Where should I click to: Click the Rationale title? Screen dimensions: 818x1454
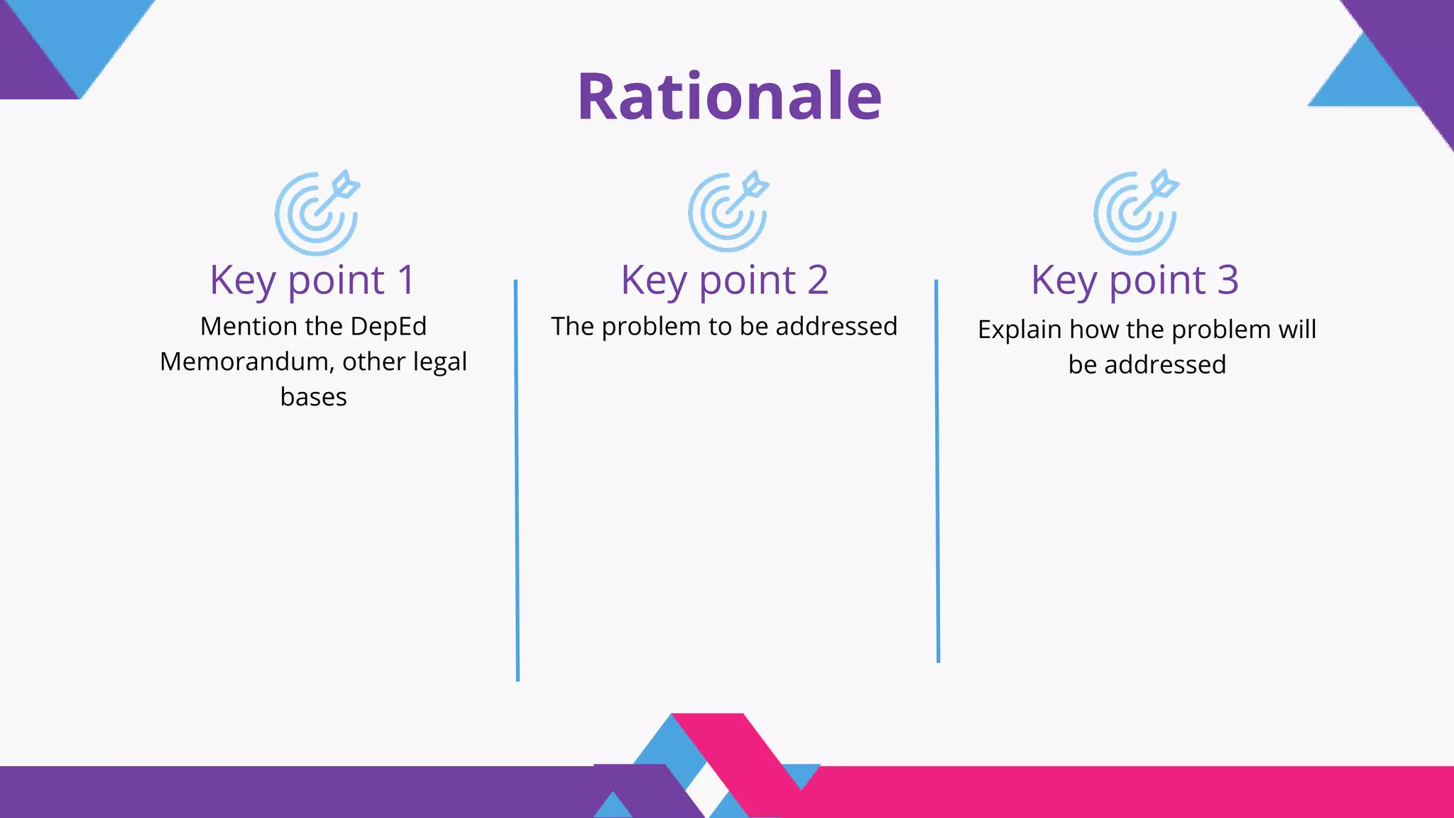pyautogui.click(x=729, y=97)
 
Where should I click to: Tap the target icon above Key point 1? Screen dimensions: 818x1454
pyautogui.click(x=317, y=213)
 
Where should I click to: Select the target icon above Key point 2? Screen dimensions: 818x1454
pyautogui.click(x=728, y=212)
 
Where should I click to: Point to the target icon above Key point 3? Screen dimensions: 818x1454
pyautogui.click(x=1135, y=212)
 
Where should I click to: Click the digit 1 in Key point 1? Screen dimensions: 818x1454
pyautogui.click(x=405, y=280)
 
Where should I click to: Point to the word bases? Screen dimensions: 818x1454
pyautogui.click(x=313, y=397)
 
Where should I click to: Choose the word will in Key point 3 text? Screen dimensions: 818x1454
pyautogui.click(x=1297, y=329)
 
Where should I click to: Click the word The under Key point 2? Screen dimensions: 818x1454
pyautogui.click(x=572, y=327)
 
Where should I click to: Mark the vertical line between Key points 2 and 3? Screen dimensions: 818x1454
pyautogui.click(x=937, y=471)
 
